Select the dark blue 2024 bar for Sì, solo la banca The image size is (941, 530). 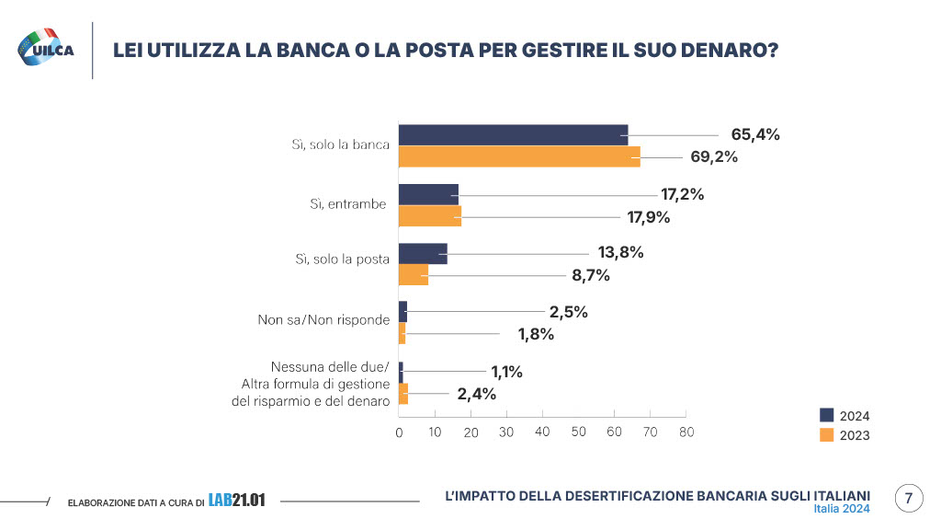point(513,134)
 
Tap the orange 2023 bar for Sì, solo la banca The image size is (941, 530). point(519,157)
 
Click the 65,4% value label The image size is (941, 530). point(755,134)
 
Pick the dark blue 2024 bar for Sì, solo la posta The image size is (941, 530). point(423,253)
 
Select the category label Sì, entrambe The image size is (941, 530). point(347,204)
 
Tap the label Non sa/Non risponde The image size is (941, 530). point(323,320)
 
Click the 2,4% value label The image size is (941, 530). point(476,394)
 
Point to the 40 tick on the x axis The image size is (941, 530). point(542,432)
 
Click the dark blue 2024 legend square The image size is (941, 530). point(826,414)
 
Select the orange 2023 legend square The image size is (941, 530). point(826,435)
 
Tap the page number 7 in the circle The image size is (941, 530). point(908,500)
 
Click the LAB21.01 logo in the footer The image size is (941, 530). point(236,501)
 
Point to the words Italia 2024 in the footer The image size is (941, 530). point(842,509)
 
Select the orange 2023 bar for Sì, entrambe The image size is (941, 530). point(429,218)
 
